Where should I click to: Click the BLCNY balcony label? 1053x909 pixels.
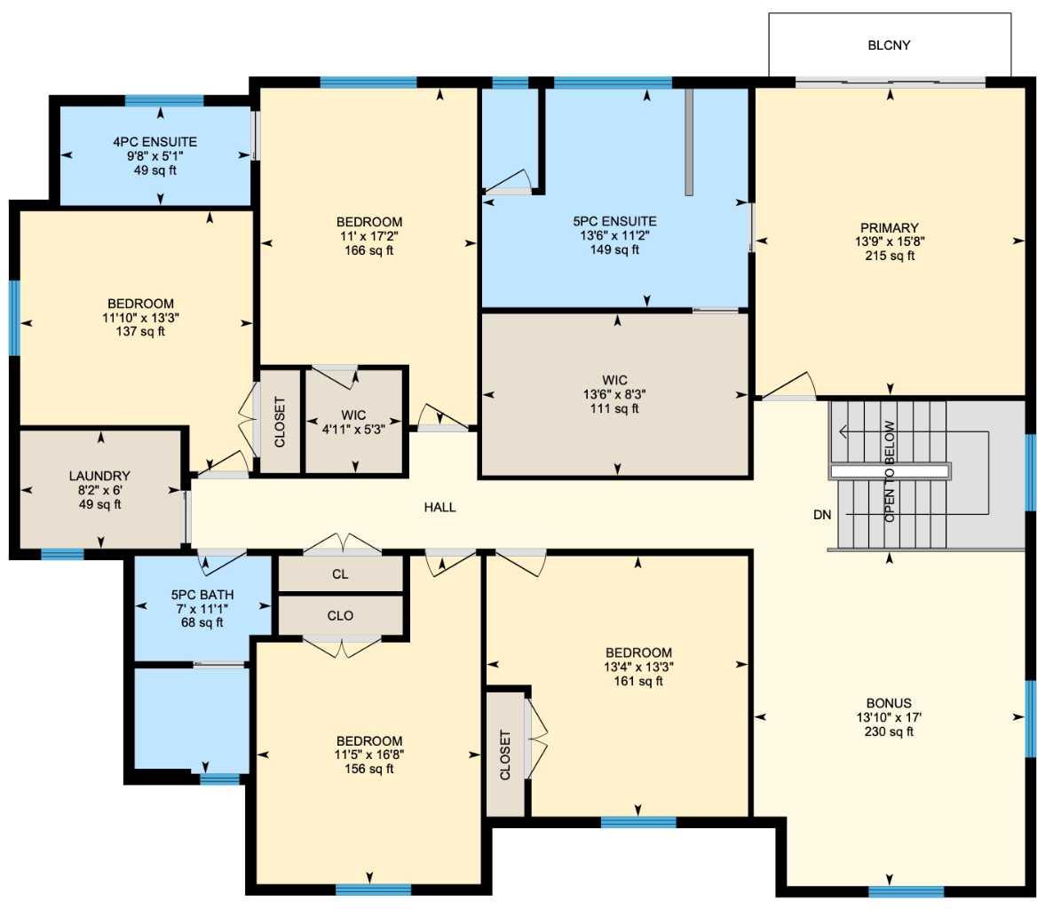tap(889, 45)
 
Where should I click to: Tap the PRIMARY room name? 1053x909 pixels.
tap(889, 227)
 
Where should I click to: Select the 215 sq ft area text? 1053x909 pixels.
tap(889, 256)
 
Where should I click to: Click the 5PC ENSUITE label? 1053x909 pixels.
tap(614, 221)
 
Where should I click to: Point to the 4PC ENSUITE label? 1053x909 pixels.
tap(154, 142)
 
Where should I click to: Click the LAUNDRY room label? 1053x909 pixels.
tap(99, 476)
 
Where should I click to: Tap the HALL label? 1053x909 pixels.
tap(439, 508)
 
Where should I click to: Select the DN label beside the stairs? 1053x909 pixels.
tap(821, 514)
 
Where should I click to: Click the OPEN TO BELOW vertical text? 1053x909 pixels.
tap(890, 470)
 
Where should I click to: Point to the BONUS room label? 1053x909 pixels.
tap(889, 703)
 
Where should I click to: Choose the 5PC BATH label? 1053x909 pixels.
tap(202, 594)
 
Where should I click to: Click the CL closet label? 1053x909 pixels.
tap(340, 574)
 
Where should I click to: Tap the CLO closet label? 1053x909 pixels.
tap(340, 615)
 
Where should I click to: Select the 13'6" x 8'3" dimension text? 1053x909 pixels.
tap(614, 395)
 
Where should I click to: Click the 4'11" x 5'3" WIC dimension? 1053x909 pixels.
tap(353, 430)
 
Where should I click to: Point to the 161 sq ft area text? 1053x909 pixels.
tap(637, 682)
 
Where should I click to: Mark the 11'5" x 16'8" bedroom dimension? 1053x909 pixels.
tap(368, 755)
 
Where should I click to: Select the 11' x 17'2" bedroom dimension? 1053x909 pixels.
tap(368, 236)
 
